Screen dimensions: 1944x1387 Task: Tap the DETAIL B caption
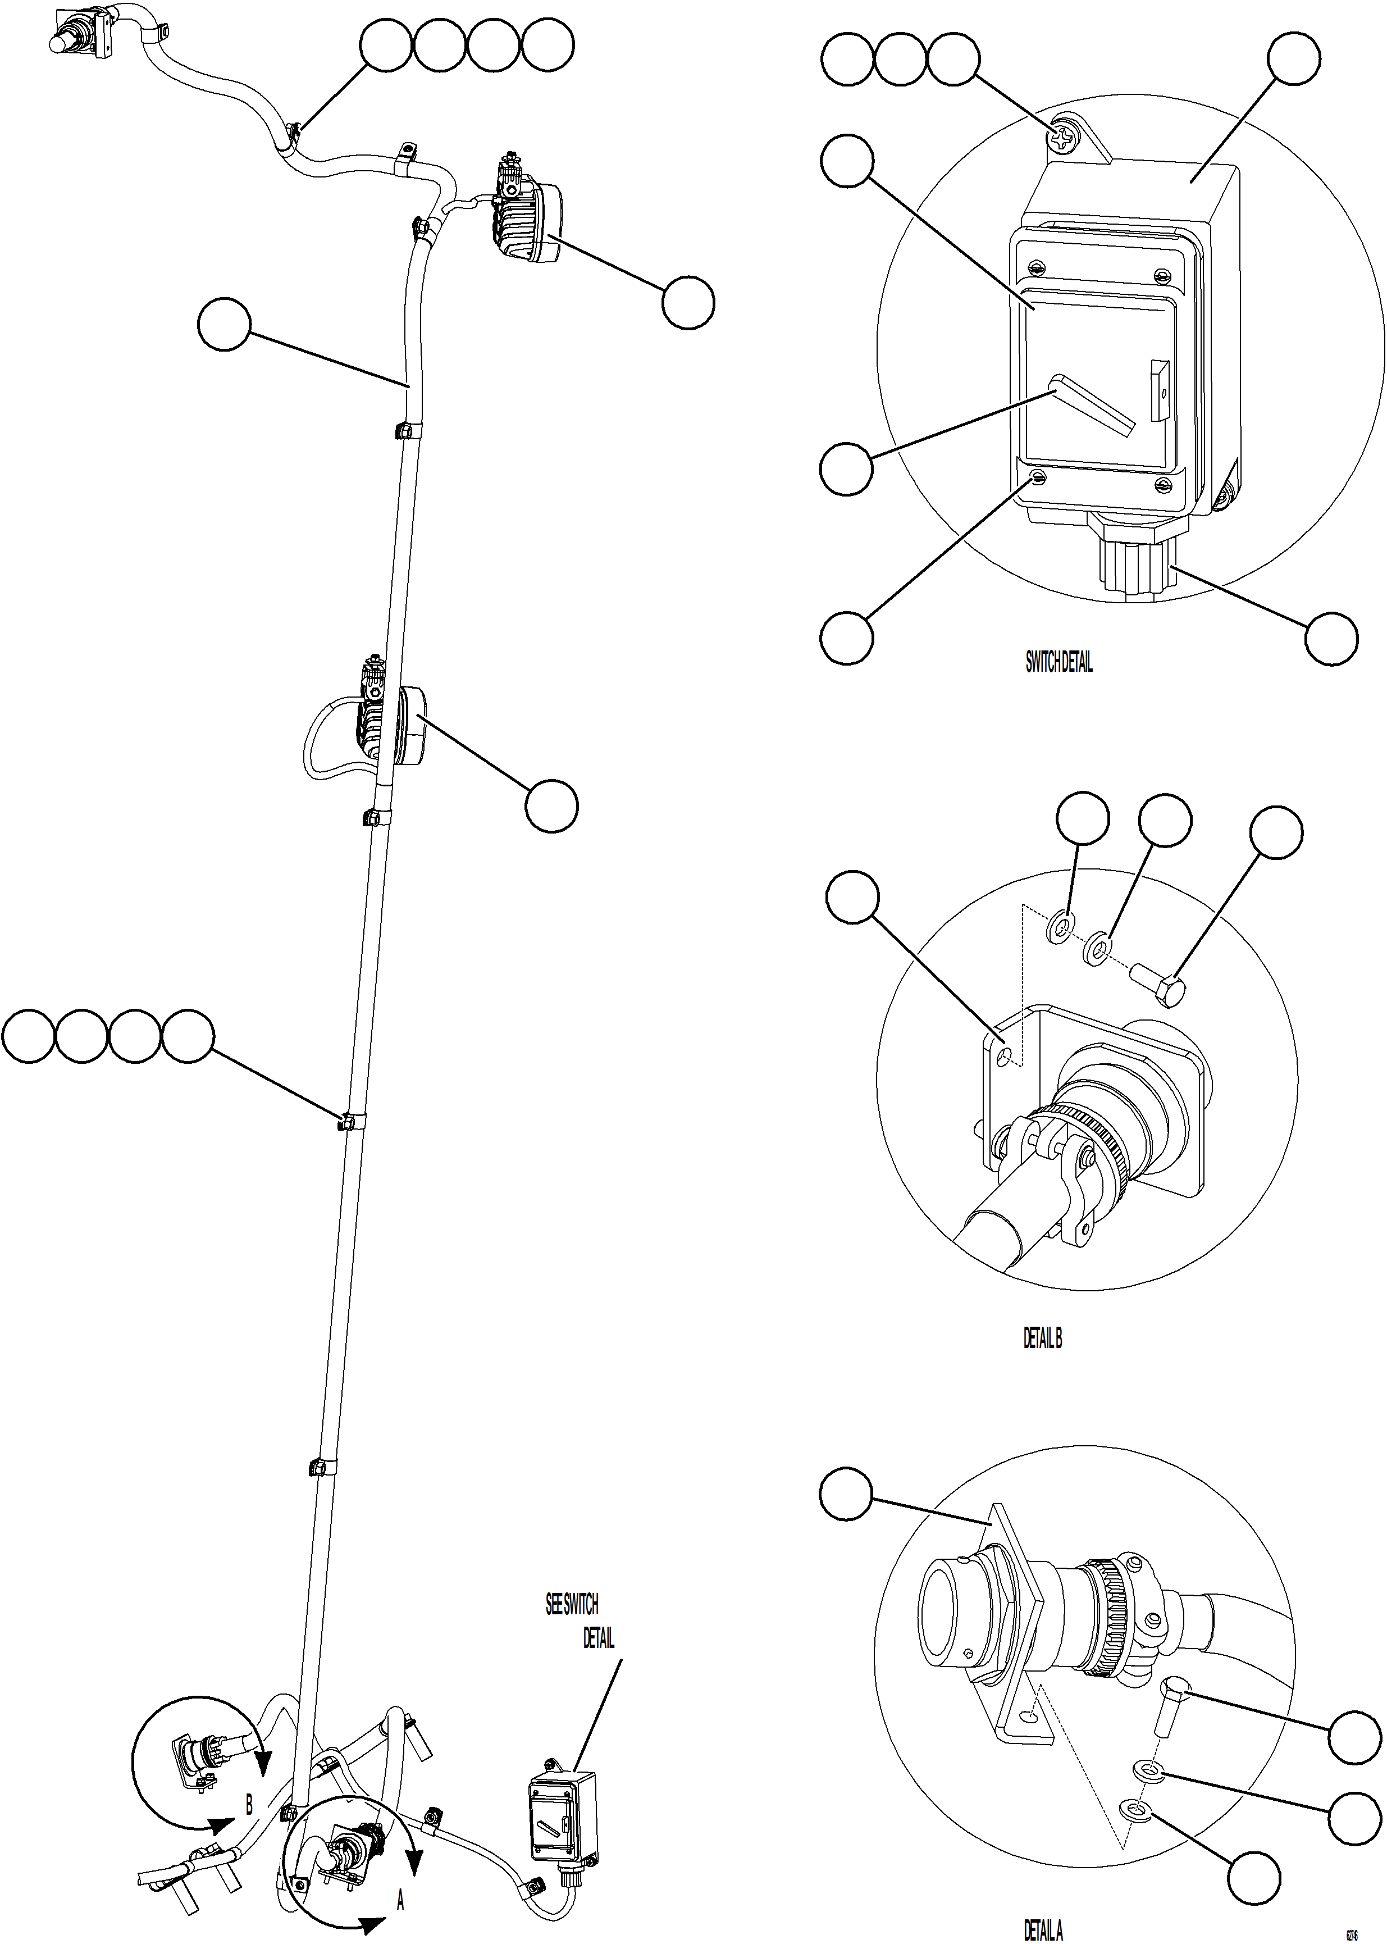1042,1339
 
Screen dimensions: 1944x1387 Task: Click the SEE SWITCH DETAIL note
580,1621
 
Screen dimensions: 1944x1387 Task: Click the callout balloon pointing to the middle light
552,804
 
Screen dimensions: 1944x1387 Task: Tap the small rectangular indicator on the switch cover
1159,390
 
